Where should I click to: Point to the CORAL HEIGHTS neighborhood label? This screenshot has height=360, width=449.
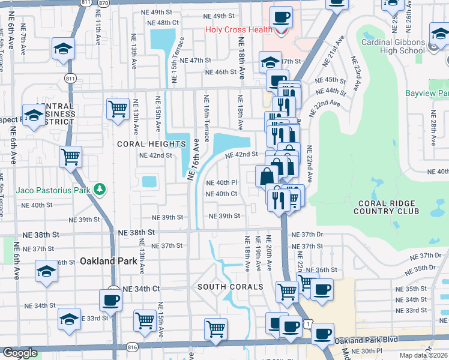click(x=151, y=144)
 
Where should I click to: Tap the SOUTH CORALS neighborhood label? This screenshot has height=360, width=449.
click(x=231, y=287)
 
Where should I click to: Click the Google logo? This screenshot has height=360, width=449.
click(x=20, y=353)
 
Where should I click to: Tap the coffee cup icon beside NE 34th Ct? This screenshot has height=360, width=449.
click(x=110, y=299)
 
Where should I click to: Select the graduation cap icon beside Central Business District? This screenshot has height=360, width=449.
click(x=34, y=116)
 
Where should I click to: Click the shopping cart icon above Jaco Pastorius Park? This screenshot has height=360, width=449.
click(x=71, y=157)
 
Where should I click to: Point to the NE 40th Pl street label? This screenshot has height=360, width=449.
click(x=221, y=182)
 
